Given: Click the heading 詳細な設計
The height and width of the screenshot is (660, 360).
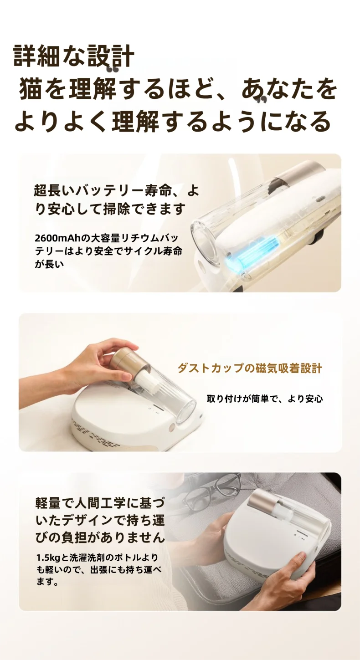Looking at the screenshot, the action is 74,56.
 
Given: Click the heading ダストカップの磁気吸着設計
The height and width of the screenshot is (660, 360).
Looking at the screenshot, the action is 249,368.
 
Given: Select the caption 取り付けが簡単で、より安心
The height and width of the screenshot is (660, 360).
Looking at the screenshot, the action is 264,399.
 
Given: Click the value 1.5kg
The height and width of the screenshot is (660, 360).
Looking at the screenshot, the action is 48,558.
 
